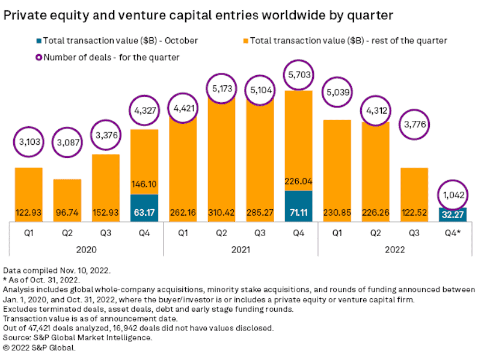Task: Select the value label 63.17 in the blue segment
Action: (144, 212)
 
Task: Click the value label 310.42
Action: (221, 212)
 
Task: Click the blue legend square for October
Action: (39, 41)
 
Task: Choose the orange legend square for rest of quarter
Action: (245, 41)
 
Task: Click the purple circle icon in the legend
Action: (39, 57)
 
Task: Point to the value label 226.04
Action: (298, 178)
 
